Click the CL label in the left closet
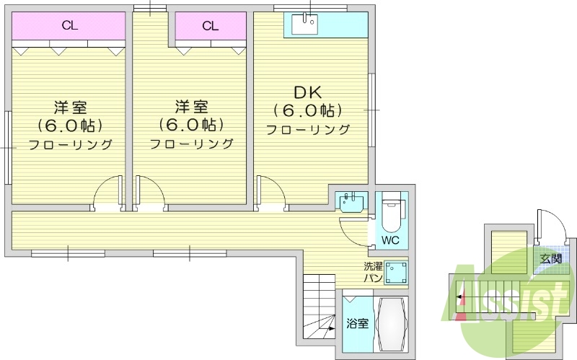click(x=70, y=26)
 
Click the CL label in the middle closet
click(x=210, y=26)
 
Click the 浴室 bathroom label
click(x=357, y=324)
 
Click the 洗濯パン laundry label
click(x=373, y=272)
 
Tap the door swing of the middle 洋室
click(x=149, y=193)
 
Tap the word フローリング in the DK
click(x=308, y=130)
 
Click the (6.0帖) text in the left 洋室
click(x=70, y=126)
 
